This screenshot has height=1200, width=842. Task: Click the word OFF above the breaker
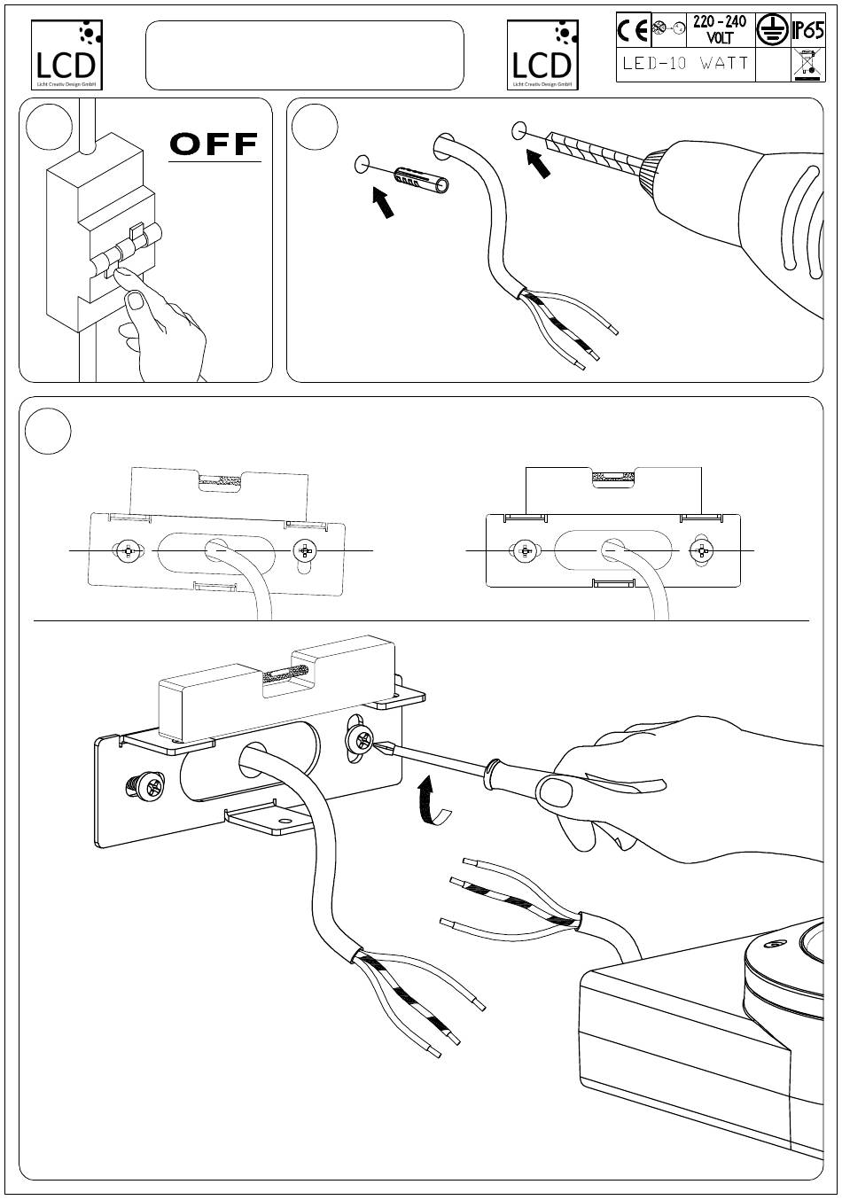tap(214, 144)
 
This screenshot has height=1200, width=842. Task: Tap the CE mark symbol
tap(633, 31)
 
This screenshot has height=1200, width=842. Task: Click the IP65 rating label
tap(807, 31)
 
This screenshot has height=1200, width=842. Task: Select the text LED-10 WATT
tap(685, 64)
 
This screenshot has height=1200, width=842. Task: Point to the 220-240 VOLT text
tap(719, 31)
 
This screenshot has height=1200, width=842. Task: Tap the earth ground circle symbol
tap(769, 31)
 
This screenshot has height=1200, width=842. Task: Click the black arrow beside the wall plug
tap(382, 201)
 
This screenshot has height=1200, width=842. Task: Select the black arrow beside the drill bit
tap(539, 163)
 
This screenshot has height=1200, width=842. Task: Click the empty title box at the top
tap(304, 55)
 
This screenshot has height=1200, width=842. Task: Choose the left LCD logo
tap(66, 55)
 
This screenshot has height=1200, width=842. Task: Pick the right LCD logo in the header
tap(542, 55)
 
